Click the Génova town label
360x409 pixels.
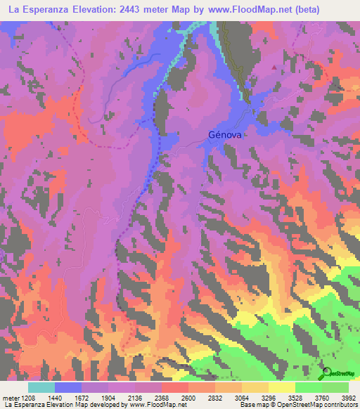(x=224, y=136)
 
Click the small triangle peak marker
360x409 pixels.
(x=274, y=67)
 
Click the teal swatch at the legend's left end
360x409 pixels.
(x=41, y=387)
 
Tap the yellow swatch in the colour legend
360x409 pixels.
(x=281, y=387)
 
